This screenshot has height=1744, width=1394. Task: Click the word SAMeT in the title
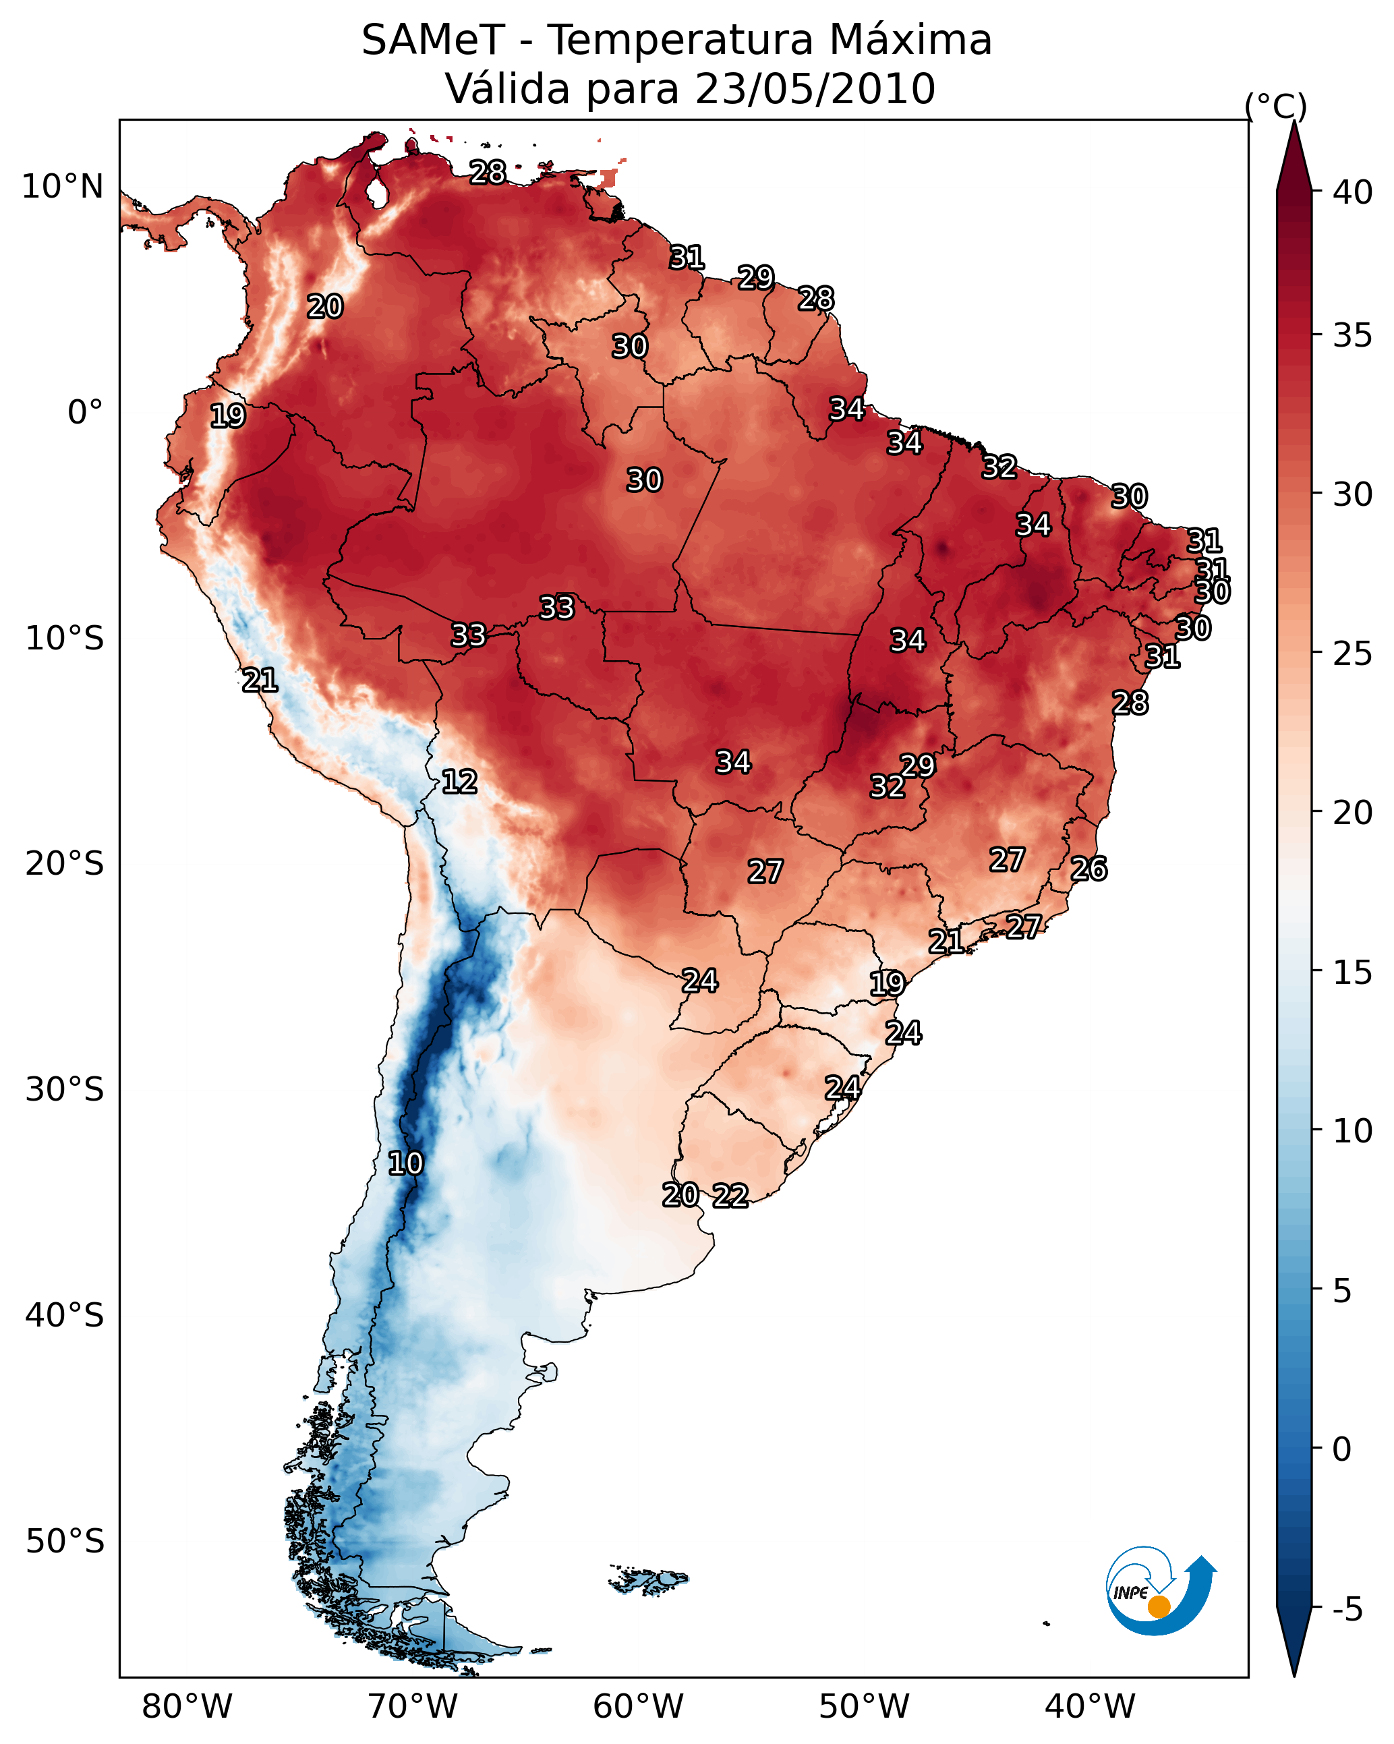pos(433,40)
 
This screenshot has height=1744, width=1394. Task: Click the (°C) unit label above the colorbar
pos(1275,107)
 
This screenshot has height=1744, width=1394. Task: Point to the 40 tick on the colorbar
pos(1353,192)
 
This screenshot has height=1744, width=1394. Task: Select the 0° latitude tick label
pos(85,413)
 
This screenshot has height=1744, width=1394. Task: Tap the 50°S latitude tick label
pos(65,1542)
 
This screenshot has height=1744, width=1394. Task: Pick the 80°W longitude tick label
pos(187,1706)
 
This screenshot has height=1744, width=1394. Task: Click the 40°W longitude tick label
pos(1090,1706)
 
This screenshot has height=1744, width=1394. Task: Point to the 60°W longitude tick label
pos(639,1706)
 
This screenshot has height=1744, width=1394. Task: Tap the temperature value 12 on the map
pos(459,782)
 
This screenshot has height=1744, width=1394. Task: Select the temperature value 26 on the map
pos(1089,869)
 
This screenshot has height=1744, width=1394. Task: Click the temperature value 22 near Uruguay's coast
pos(730,1196)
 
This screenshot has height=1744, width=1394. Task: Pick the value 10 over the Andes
pos(405,1163)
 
